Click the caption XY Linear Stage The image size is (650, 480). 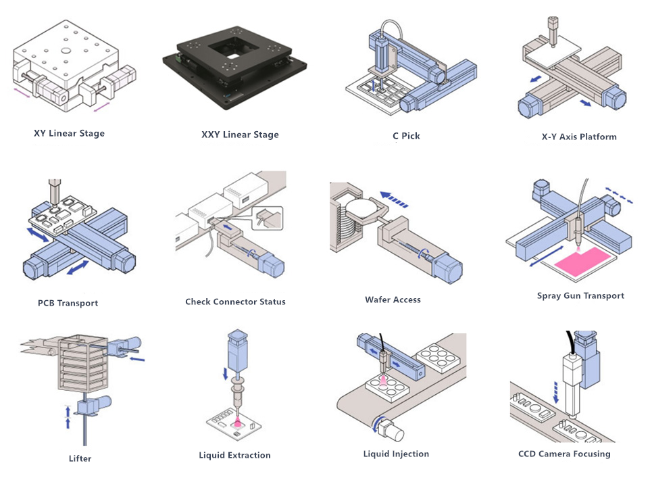(69, 133)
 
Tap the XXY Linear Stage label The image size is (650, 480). (240, 135)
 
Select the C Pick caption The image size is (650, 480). (406, 136)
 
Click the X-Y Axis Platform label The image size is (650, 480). (579, 137)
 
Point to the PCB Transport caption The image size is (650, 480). (68, 303)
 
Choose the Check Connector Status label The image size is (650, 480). (235, 302)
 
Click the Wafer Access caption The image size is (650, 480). (393, 299)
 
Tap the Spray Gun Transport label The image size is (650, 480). (580, 295)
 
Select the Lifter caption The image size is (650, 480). (80, 458)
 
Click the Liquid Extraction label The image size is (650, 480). (234, 455)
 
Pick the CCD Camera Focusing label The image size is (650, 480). (564, 454)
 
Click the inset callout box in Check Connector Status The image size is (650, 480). (269, 218)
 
